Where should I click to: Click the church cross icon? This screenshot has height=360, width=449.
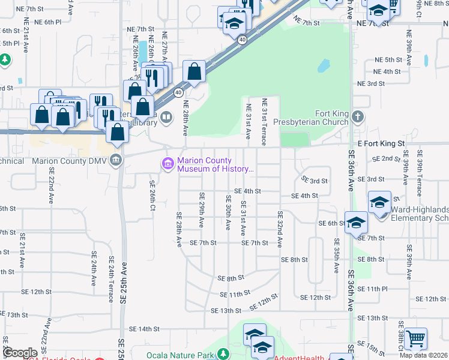[x=358, y=116]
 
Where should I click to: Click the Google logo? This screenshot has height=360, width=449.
[x=20, y=353]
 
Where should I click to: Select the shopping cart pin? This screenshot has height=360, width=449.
[x=415, y=340]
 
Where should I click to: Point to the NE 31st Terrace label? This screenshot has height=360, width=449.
[x=264, y=123]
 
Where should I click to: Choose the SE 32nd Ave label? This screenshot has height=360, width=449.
[x=280, y=229]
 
